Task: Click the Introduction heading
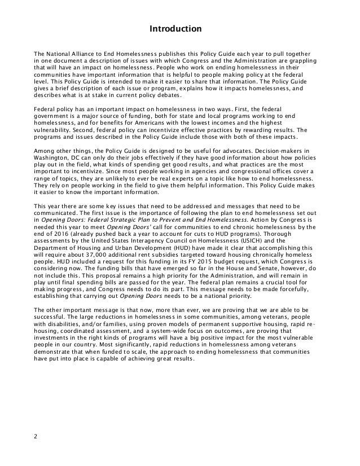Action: (x=179, y=27)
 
